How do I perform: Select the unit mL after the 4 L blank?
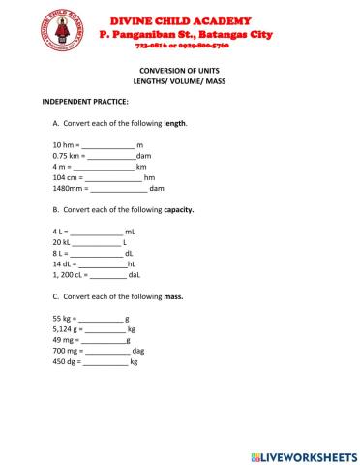click(131, 232)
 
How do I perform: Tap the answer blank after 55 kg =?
click(101, 319)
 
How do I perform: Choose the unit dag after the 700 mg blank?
click(137, 351)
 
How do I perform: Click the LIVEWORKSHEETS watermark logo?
click(303, 455)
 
